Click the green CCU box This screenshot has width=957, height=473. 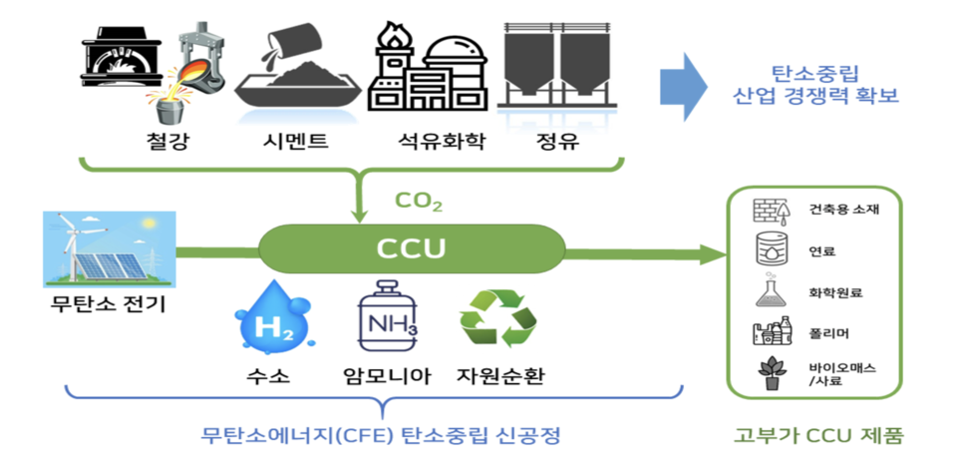[x=409, y=246]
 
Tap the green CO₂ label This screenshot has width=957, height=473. [x=419, y=203]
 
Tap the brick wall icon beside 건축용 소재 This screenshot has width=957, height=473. [x=769, y=211]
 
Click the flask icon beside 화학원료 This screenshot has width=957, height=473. [x=769, y=291]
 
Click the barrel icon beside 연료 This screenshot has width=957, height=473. [x=769, y=249]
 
